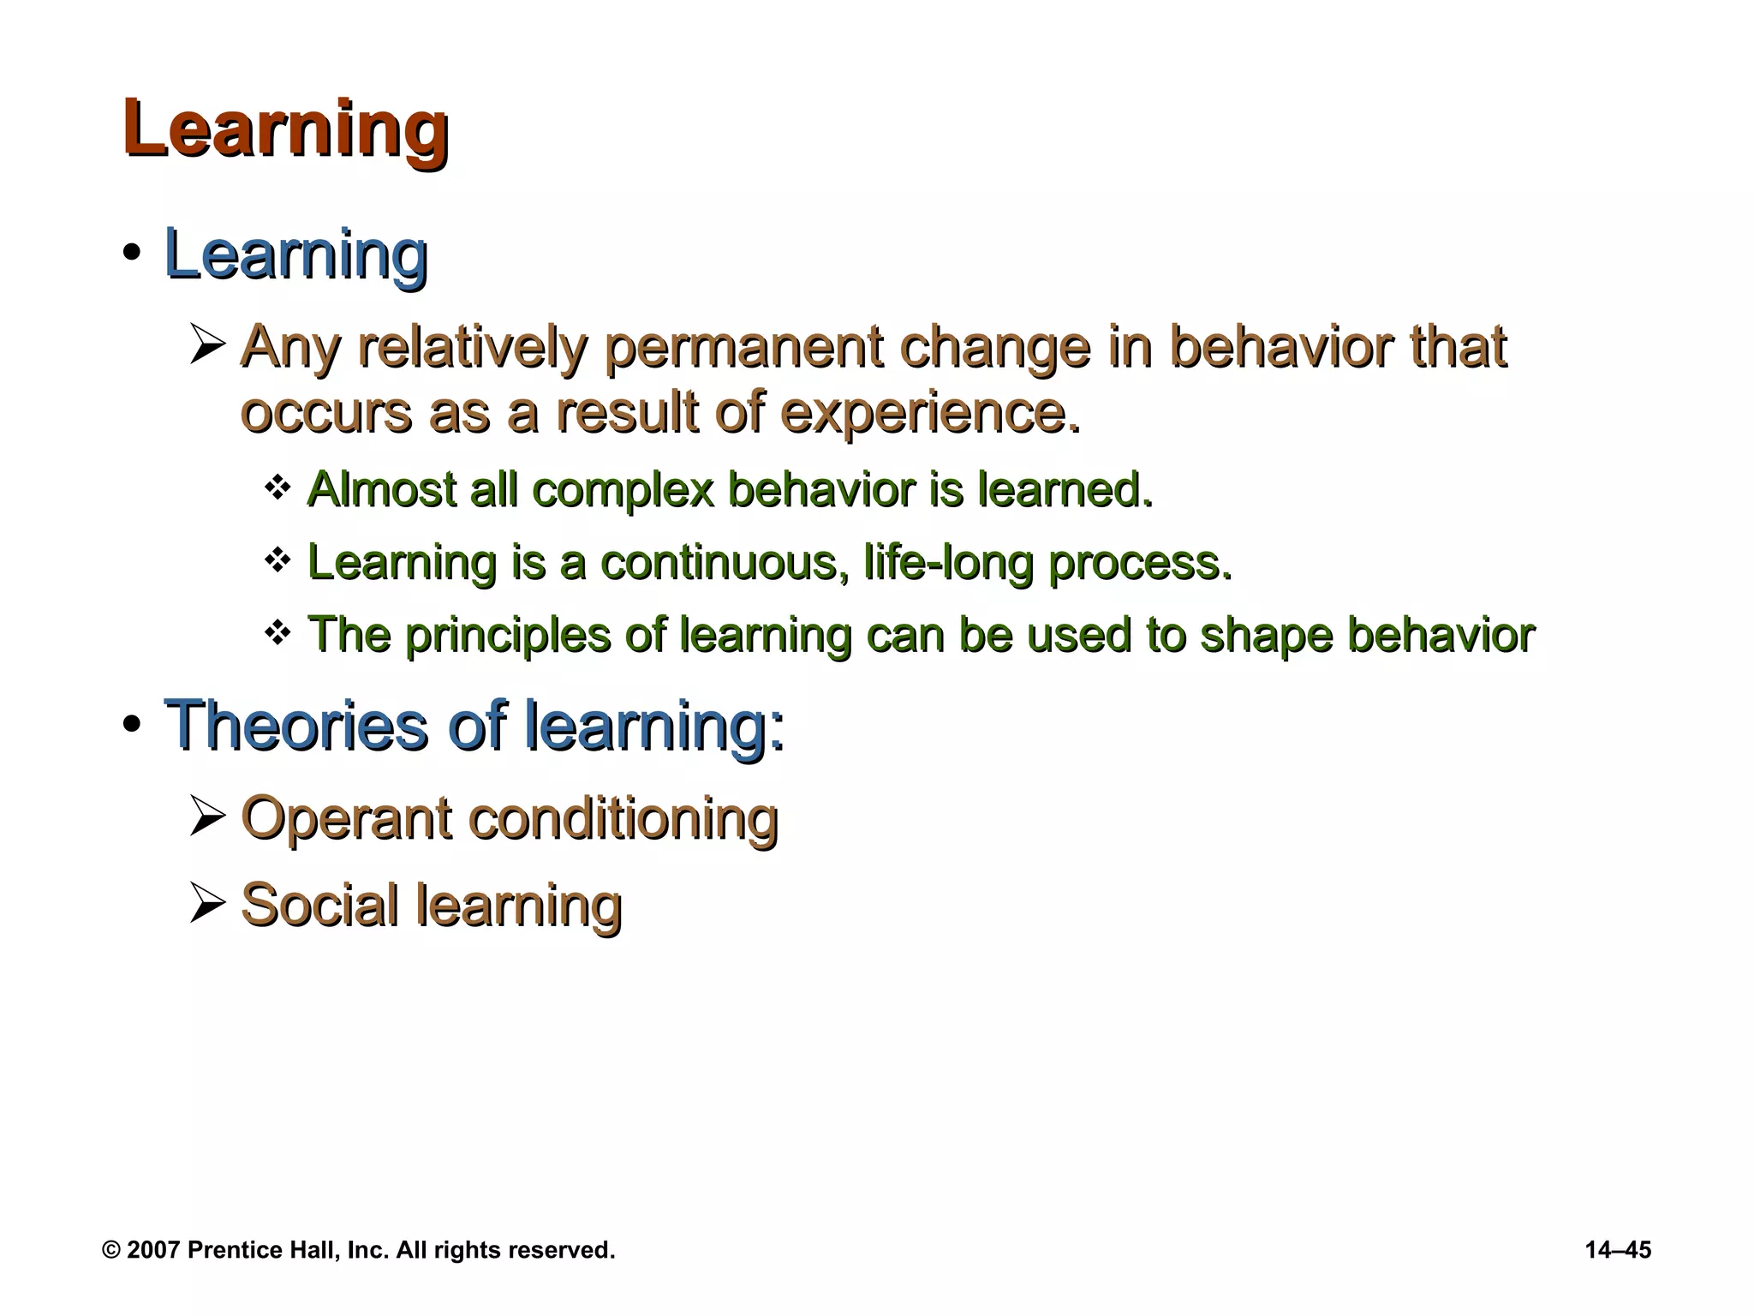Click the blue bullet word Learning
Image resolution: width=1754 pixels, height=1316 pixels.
[295, 254]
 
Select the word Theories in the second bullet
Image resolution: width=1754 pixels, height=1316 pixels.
[295, 726]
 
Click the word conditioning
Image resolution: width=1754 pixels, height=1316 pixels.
[623, 818]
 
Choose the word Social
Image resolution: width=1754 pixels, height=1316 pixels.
[319, 906]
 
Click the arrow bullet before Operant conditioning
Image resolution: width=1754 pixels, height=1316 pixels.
[206, 816]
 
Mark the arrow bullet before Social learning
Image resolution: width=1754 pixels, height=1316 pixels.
[206, 904]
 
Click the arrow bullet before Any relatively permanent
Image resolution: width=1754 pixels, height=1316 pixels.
[206, 344]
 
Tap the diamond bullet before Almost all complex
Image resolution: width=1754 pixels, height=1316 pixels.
[277, 488]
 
